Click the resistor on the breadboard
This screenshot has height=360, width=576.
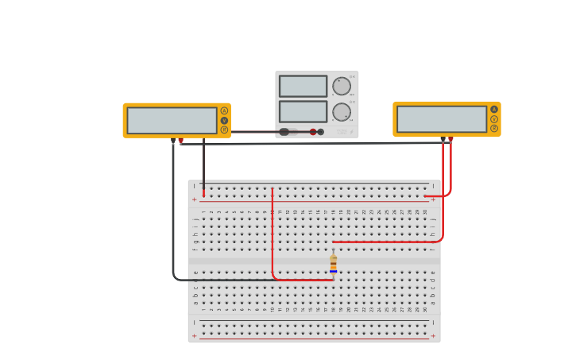[x=334, y=265]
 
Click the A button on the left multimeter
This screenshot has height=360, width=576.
[x=224, y=111]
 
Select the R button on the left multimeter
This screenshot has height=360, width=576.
[x=224, y=130]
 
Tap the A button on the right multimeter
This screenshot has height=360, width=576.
[x=494, y=110]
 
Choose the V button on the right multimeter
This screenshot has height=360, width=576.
[x=494, y=119]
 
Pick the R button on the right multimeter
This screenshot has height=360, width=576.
[x=494, y=128]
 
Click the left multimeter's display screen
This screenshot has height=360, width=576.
[x=172, y=121]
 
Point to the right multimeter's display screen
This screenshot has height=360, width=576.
[x=442, y=119]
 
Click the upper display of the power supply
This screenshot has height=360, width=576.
[x=303, y=86]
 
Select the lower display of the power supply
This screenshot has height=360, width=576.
[x=303, y=111]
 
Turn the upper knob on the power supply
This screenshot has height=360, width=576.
[x=342, y=86]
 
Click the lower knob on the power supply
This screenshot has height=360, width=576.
[x=342, y=111]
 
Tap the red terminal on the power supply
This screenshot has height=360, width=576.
[x=313, y=132]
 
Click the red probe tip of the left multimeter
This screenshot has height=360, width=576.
[x=181, y=141]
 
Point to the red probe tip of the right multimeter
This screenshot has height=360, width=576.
[x=450, y=140]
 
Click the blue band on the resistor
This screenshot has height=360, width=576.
[x=334, y=271]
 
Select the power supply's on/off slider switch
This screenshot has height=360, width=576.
[x=288, y=132]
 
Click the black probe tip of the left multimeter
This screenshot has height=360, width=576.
[x=173, y=141]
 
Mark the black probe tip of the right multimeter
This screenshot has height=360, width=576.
[x=443, y=140]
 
